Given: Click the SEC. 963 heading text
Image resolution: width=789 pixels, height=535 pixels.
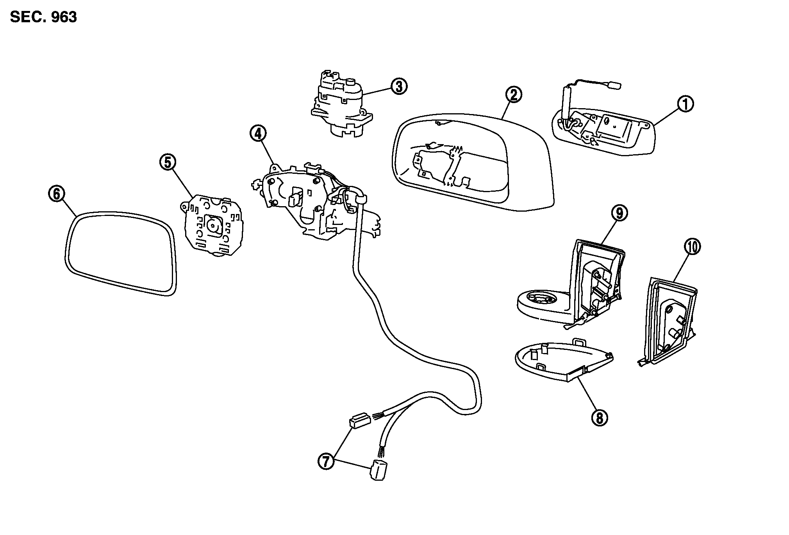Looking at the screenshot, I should tap(43, 17).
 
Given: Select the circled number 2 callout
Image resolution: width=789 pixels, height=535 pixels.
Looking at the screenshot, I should tap(513, 95).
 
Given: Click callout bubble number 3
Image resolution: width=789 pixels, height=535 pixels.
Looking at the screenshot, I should tap(398, 86).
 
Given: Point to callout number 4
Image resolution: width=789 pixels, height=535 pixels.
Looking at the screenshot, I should tap(258, 134).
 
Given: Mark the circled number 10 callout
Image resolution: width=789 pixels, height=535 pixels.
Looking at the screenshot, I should tap(693, 247).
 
